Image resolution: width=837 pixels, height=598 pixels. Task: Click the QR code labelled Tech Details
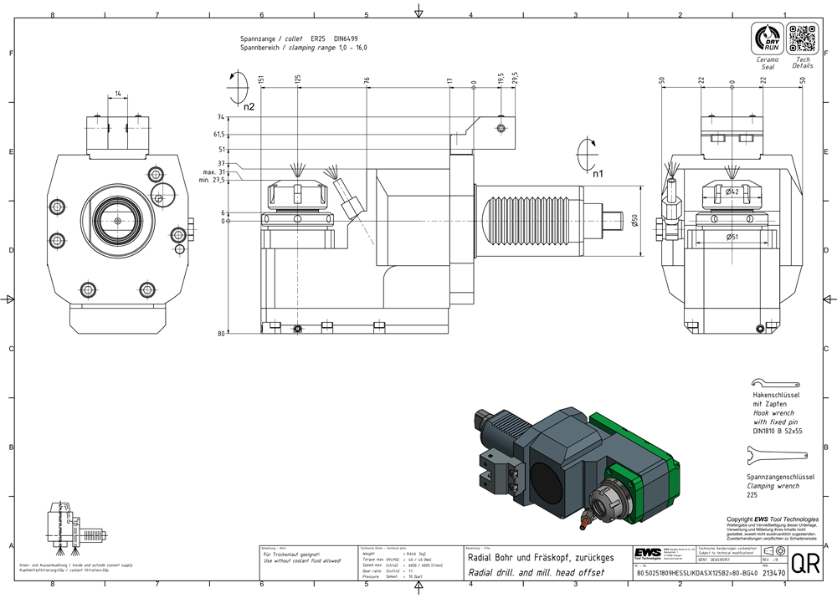(803, 39)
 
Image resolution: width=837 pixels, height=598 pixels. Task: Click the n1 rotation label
(598, 175)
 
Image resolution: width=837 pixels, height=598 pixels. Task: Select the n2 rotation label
(249, 107)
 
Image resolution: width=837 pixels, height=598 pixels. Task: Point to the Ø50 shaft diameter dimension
(635, 221)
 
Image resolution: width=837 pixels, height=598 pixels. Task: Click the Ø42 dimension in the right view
(732, 192)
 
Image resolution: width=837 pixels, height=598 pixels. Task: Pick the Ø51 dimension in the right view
(732, 237)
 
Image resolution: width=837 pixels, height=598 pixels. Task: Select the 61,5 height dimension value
(219, 134)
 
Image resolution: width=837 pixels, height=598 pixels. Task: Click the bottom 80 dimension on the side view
(222, 334)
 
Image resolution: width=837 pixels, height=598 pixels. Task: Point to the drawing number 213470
(774, 574)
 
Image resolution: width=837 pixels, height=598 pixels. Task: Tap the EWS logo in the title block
(646, 555)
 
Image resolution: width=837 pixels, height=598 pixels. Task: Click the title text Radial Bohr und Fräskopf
(541, 557)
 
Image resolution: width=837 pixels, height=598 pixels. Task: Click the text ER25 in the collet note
(318, 39)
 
